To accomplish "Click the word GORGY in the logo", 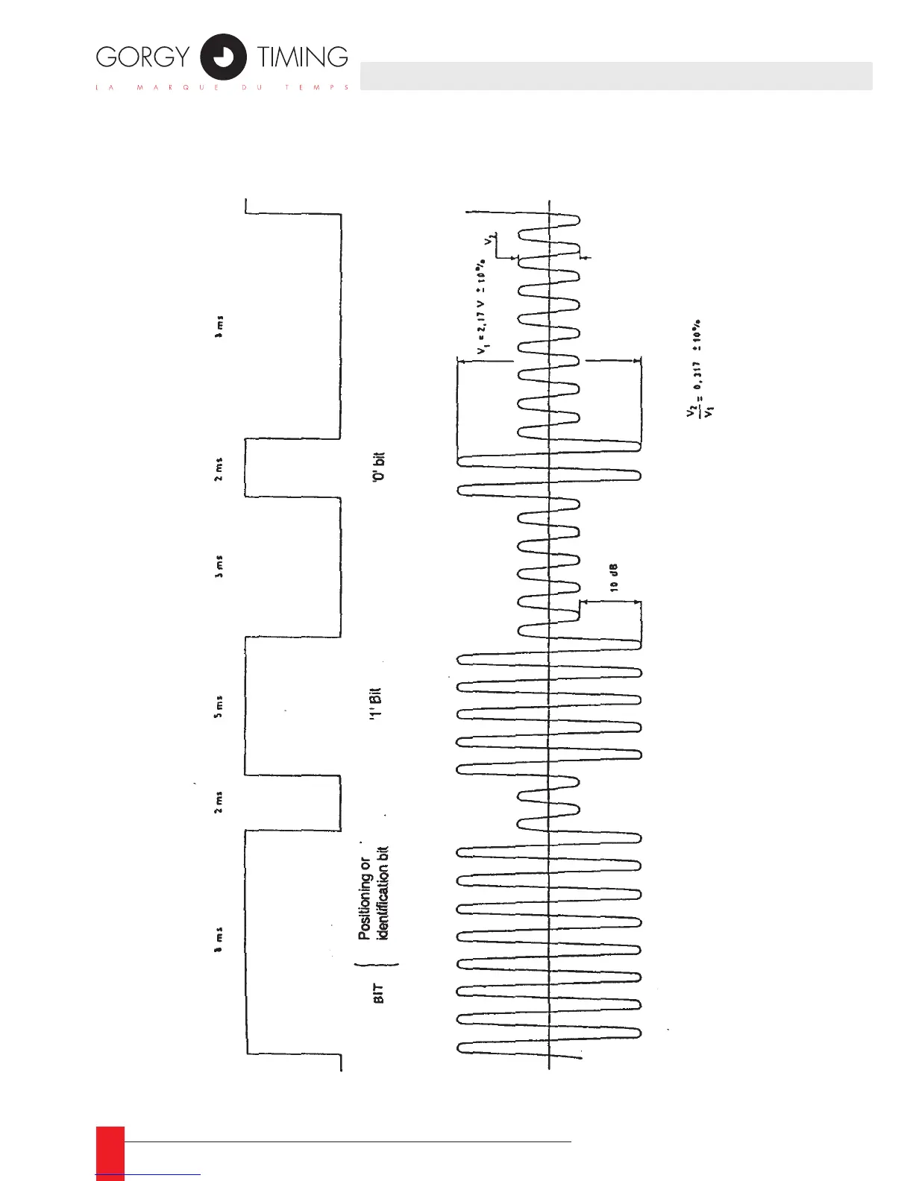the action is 142,57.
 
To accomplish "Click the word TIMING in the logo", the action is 302,57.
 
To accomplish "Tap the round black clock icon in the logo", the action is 223,57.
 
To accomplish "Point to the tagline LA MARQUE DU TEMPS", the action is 222,88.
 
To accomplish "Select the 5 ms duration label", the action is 219,706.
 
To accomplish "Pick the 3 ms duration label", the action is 219,567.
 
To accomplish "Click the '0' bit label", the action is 378,466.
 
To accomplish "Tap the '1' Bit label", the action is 376,702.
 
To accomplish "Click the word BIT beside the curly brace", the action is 378,992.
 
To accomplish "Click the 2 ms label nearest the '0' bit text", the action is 219,469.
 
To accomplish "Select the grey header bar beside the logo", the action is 616,76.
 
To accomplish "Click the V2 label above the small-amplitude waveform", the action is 489,240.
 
